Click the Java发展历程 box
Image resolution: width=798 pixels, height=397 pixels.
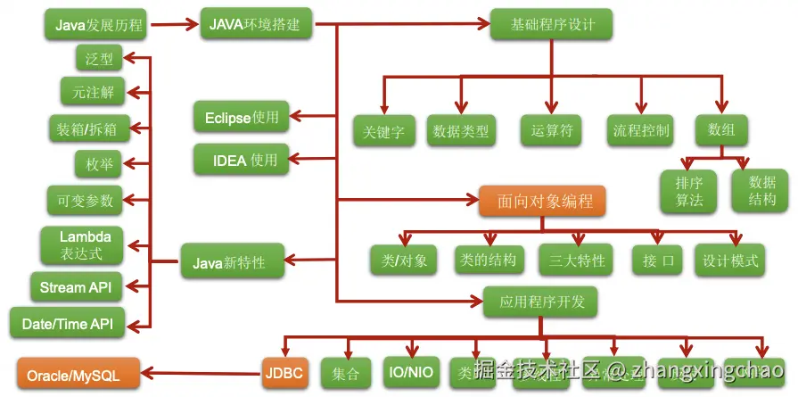99,24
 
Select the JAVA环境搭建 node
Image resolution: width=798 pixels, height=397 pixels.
256,24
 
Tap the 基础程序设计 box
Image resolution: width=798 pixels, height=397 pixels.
542,24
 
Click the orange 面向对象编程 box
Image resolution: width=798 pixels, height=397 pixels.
541,202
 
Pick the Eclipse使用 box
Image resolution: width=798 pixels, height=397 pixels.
242,117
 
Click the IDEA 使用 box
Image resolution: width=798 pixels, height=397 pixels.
242,161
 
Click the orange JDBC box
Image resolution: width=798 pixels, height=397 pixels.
285,373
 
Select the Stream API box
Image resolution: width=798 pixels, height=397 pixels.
75,287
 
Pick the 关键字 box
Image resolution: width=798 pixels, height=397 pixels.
383,131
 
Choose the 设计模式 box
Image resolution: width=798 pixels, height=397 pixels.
730,261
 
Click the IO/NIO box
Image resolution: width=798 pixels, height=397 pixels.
411,372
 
